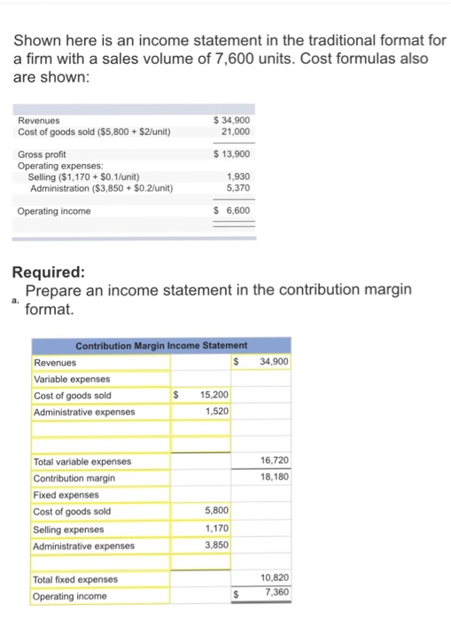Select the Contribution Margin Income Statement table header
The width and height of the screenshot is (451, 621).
pos(160,345)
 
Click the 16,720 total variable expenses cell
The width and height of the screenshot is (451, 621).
pos(275,461)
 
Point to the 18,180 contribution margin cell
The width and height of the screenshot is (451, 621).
pos(275,477)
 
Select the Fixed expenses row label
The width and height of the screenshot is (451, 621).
pos(67,495)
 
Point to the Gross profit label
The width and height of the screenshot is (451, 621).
pos(43,154)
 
